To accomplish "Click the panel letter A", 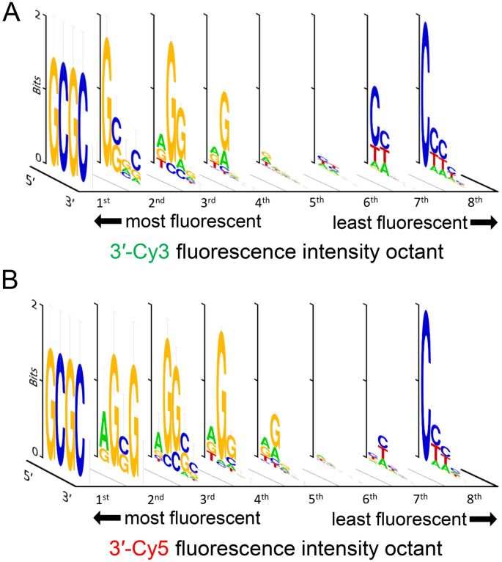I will click(12, 13).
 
